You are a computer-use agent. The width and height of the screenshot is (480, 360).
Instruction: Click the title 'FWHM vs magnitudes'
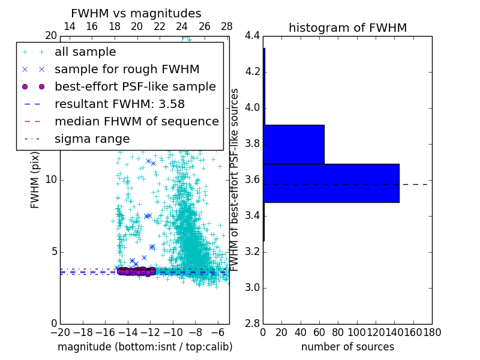coord(136,13)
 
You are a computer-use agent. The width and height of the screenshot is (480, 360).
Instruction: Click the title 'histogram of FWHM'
coord(347,28)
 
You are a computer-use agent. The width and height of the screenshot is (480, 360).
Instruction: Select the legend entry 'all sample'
coord(85,52)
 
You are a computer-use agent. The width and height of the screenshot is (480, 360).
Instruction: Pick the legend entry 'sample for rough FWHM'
coord(127,69)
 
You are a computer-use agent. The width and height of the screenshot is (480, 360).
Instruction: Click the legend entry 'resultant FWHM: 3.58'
coord(119,104)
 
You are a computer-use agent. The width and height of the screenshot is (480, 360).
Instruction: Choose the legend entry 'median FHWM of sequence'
coord(136,121)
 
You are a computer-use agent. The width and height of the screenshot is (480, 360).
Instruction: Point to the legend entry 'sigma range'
coord(92,139)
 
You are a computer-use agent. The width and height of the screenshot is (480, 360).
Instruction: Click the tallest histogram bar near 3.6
coord(331,183)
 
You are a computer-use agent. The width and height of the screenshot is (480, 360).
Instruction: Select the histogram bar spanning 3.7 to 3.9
coord(293,144)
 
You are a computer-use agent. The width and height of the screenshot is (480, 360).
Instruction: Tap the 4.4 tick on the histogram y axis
coord(253,36)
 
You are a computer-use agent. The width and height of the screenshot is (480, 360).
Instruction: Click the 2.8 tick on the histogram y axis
coord(253,323)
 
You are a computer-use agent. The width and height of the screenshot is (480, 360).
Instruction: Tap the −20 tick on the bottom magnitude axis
coord(60,332)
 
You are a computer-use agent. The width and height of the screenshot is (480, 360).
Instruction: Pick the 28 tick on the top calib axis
coord(227,26)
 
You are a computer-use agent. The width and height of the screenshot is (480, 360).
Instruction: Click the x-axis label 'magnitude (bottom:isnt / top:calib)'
coord(145,347)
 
